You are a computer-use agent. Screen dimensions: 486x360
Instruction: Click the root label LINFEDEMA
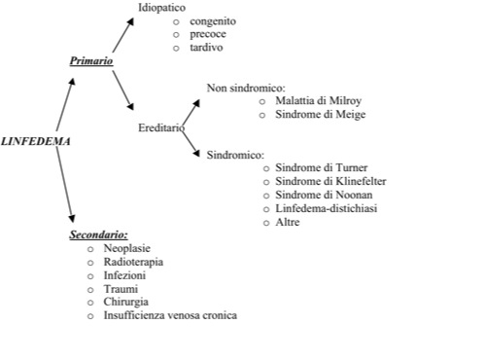(x=36, y=141)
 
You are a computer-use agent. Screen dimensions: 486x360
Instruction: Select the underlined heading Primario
(x=91, y=60)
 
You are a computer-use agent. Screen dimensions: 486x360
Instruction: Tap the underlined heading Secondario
(x=98, y=234)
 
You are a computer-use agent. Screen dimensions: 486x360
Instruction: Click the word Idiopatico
(x=161, y=8)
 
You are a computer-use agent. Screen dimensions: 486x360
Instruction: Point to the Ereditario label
(x=161, y=127)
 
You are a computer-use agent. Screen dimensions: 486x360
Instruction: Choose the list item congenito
(x=213, y=21)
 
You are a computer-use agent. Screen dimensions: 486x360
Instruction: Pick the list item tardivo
(x=206, y=48)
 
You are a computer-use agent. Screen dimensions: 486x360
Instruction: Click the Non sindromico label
(x=246, y=88)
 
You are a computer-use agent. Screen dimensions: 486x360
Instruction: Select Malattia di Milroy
(x=318, y=101)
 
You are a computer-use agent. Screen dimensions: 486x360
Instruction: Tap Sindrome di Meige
(x=321, y=114)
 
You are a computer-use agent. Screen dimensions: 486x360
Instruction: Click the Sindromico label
(x=235, y=155)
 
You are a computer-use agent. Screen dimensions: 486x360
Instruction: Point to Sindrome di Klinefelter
(x=330, y=181)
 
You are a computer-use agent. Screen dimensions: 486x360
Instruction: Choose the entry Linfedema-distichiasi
(x=327, y=208)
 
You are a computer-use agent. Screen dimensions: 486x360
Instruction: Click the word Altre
(x=288, y=222)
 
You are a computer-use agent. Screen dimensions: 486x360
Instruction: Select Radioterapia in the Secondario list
(x=133, y=262)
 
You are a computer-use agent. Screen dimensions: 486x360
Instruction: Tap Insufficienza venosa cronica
(x=170, y=315)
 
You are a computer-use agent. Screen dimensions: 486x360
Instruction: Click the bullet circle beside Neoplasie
(x=90, y=249)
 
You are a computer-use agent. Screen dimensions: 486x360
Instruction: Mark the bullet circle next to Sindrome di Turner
(x=266, y=168)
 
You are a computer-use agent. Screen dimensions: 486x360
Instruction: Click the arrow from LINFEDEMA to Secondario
(x=64, y=185)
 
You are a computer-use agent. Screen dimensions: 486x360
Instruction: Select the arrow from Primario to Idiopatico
(x=123, y=35)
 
